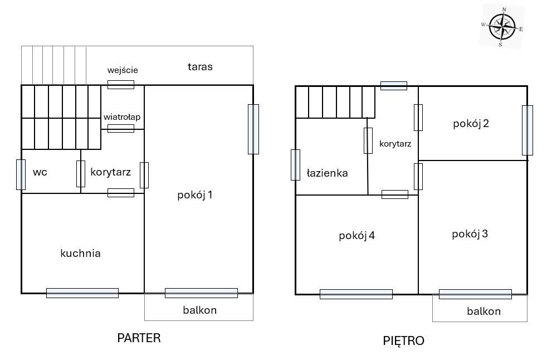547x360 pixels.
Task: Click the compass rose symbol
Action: click(x=502, y=27)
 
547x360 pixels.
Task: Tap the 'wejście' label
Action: click(x=123, y=70)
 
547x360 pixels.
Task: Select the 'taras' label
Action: click(x=200, y=67)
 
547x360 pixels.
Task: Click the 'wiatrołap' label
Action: click(x=122, y=117)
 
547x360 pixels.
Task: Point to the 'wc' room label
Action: click(x=40, y=172)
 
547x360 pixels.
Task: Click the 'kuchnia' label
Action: click(x=80, y=253)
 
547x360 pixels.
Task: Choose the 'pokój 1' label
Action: click(x=194, y=195)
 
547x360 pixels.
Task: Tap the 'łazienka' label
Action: click(x=327, y=173)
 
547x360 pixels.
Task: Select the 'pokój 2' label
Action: click(x=471, y=124)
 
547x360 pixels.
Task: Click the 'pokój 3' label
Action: click(x=470, y=234)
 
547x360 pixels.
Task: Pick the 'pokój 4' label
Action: click(x=356, y=236)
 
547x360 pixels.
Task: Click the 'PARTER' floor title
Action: click(x=139, y=338)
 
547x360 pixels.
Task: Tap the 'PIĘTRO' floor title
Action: click(x=403, y=340)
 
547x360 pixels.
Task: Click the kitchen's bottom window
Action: click(x=82, y=293)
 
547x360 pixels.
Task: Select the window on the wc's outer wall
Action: click(x=21, y=174)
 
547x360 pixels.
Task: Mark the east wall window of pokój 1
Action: click(x=253, y=129)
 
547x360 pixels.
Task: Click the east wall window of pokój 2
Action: click(x=528, y=130)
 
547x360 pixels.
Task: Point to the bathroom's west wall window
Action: click(x=295, y=165)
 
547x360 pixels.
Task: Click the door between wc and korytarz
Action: click(x=81, y=173)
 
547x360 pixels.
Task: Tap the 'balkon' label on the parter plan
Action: click(x=199, y=310)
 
